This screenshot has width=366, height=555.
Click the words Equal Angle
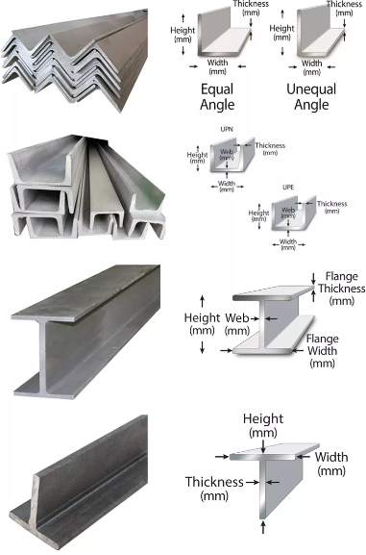tap(217, 96)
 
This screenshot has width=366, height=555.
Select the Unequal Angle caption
tap(311, 96)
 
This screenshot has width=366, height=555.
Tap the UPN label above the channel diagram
tap(227, 130)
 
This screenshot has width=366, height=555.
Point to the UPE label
tap(288, 188)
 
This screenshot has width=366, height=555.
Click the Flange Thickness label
tap(341, 289)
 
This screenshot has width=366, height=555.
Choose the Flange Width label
tap(322, 351)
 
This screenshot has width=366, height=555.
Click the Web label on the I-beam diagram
tap(237, 324)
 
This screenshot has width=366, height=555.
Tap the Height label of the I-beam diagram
tap(202, 324)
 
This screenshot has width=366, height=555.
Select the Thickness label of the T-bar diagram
tap(214, 489)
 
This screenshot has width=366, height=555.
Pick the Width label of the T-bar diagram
tap(331, 464)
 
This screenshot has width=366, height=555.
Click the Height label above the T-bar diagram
tap(263, 425)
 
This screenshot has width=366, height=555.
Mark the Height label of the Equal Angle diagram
tap(183, 35)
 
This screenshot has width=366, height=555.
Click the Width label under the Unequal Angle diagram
tap(311, 67)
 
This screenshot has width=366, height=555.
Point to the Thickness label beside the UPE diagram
tap(331, 207)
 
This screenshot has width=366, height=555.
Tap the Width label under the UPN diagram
tap(227, 187)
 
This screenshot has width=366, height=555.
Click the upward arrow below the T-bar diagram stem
tap(263, 526)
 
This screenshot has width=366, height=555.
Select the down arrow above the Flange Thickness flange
tap(313, 278)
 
